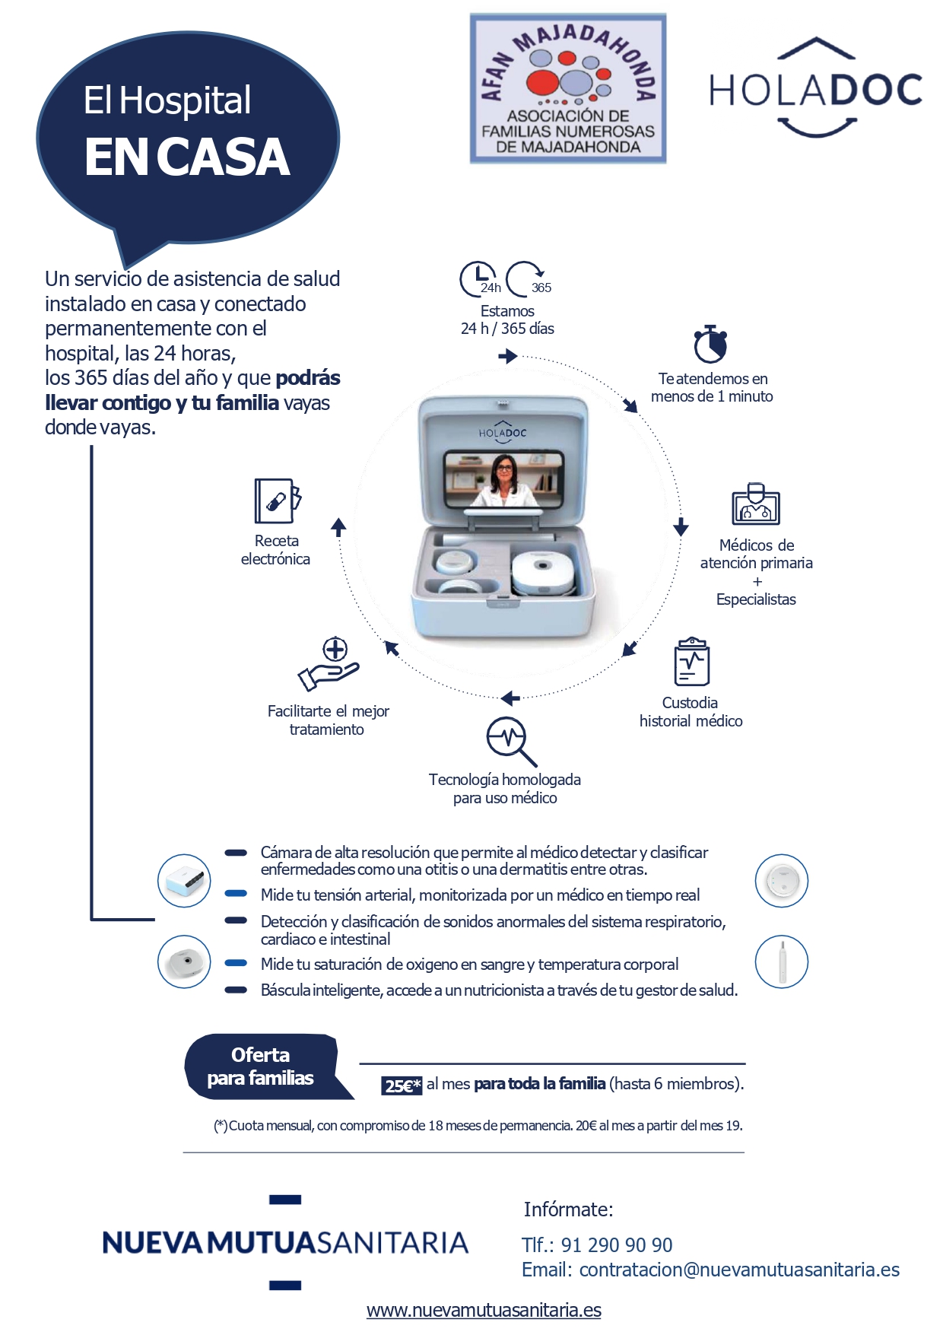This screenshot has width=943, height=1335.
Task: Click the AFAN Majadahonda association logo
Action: coord(567,88)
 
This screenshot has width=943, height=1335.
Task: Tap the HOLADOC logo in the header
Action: coord(815,89)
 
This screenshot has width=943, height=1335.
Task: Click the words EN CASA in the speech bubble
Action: coord(187,157)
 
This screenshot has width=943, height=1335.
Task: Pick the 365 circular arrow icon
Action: coord(528,279)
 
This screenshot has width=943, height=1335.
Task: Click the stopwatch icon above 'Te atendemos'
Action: coord(710,345)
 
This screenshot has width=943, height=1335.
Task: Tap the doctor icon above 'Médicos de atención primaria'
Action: coord(756,504)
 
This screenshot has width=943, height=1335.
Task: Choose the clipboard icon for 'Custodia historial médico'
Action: coord(691,662)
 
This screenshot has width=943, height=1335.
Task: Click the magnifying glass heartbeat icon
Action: coord(510,740)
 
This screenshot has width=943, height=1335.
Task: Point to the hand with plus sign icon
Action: coord(329,664)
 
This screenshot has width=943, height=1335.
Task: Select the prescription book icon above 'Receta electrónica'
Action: coord(277,501)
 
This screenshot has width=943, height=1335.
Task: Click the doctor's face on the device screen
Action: coord(504,471)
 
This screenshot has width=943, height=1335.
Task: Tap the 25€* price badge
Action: coord(401,1085)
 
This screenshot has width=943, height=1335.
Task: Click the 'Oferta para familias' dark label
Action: coord(261,1066)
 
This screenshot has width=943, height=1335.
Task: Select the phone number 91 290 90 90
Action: coord(616,1245)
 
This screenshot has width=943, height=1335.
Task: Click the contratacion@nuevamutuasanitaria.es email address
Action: coord(738,1270)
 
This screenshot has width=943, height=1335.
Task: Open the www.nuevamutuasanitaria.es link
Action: coord(484,1310)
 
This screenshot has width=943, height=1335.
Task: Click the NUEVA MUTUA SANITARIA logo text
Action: coord(285,1243)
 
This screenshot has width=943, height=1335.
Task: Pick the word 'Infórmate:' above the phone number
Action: coord(568,1209)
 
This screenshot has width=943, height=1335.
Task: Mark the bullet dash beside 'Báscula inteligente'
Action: coord(236,990)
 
